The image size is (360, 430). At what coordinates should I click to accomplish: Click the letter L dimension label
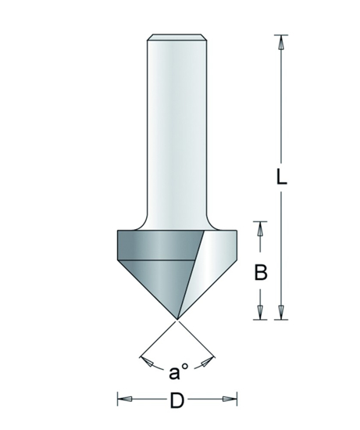(x=282, y=177)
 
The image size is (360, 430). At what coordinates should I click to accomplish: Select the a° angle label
(x=177, y=367)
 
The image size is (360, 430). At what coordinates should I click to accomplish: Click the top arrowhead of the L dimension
(x=281, y=42)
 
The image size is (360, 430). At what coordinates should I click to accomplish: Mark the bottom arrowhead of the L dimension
(x=281, y=312)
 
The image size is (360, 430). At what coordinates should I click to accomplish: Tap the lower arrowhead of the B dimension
(x=262, y=312)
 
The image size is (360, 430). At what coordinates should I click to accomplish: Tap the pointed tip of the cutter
(x=177, y=318)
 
